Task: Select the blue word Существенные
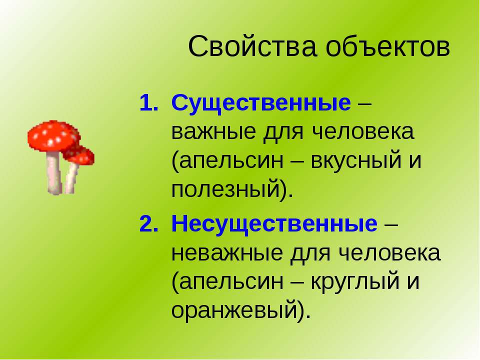[261, 103]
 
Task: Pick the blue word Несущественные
[274, 224]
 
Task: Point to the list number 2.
[149, 223]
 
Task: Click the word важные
[213, 132]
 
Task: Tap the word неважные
[227, 253]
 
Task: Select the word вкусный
[355, 160]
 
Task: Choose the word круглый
[355, 281]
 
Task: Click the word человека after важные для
[363, 132]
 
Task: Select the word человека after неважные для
[389, 253]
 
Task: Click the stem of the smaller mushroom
[71, 178]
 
